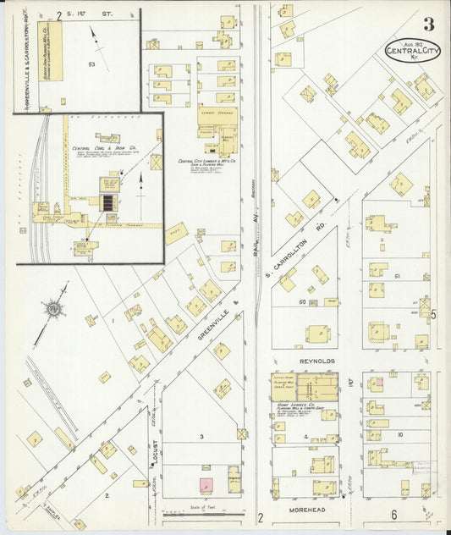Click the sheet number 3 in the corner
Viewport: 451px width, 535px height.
click(x=430, y=25)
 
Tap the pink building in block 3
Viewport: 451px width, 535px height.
click(x=205, y=484)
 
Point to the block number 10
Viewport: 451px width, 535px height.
click(x=399, y=434)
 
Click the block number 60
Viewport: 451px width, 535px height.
click(x=301, y=301)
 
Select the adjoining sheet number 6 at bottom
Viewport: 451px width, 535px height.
click(x=393, y=515)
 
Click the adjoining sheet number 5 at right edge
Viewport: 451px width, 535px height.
click(x=432, y=315)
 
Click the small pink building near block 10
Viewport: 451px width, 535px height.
click(x=380, y=383)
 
